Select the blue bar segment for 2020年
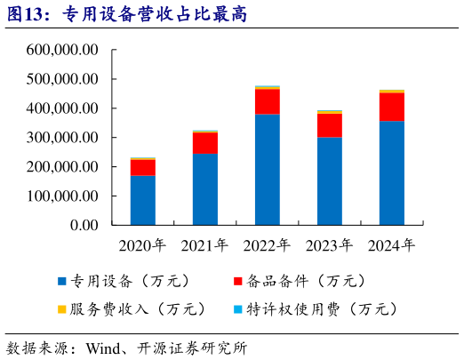143,200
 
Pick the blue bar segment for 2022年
268,169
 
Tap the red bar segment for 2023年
330,125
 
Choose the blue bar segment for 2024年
392,172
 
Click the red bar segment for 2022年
268,101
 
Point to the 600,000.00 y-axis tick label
62,50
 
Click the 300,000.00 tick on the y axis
62,138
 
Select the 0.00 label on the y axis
81,226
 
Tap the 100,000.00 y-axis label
62,196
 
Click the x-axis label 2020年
143,244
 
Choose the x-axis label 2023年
330,244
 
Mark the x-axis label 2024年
392,244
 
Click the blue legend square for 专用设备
61,282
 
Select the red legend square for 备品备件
237,282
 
